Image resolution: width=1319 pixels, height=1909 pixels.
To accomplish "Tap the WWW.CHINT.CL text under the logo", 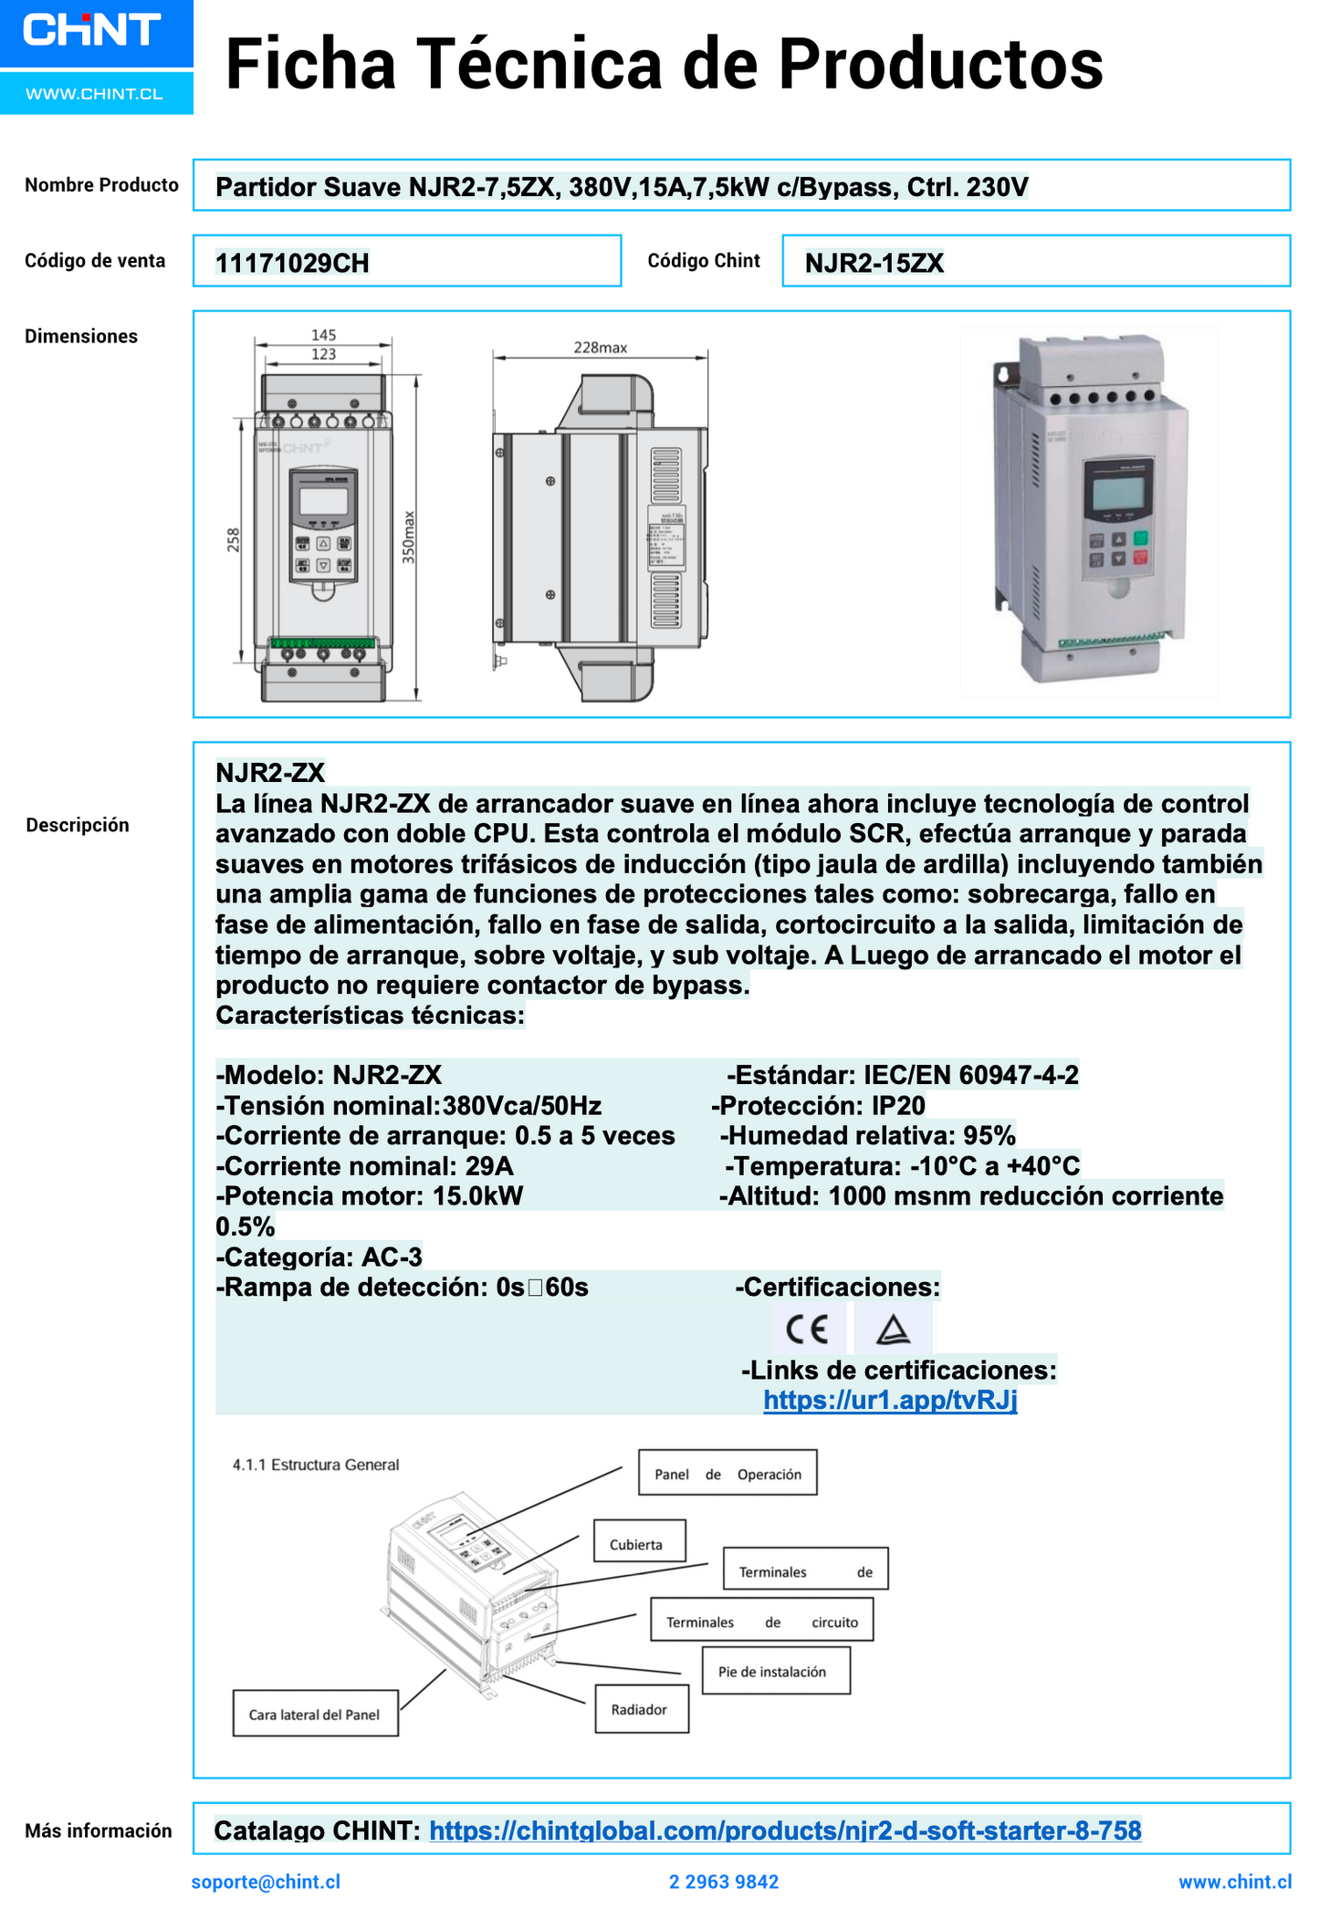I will click(x=94, y=94).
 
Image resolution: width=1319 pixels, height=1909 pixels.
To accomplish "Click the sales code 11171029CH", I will click(x=292, y=264).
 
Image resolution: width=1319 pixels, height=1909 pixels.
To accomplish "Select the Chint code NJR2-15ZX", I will click(x=874, y=264).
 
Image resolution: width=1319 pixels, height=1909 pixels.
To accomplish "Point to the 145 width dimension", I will click(x=323, y=335).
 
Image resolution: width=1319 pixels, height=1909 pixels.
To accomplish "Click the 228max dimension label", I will click(x=600, y=348).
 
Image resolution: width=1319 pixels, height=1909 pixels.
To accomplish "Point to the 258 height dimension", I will click(x=234, y=540).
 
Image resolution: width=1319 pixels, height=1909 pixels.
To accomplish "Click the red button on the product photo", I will click(x=1140, y=558).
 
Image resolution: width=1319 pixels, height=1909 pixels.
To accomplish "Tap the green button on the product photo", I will click(x=1140, y=537).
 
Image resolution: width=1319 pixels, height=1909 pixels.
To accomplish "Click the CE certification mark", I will click(x=807, y=1330).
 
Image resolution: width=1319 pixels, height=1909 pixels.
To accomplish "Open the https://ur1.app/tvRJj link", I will click(x=890, y=1400).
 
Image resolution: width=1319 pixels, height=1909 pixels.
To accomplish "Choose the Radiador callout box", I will click(x=641, y=1709).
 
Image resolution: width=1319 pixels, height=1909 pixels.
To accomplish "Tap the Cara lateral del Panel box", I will click(x=315, y=1715).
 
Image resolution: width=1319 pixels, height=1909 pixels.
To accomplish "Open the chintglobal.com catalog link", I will click(x=785, y=1831).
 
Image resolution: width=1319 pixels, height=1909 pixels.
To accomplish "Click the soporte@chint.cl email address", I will click(x=266, y=1882).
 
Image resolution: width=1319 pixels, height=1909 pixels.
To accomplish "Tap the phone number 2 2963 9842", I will click(x=724, y=1882).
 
